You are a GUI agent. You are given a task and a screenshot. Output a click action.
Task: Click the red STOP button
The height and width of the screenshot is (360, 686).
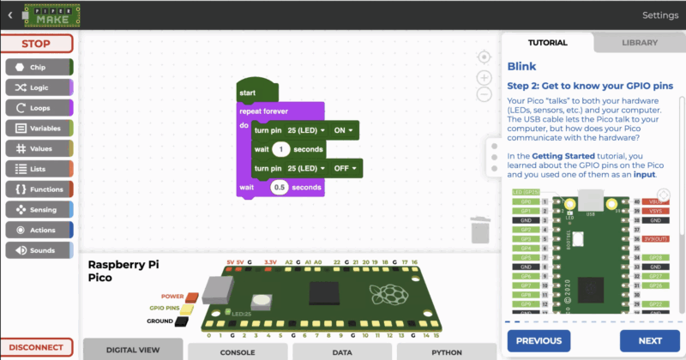point(36,44)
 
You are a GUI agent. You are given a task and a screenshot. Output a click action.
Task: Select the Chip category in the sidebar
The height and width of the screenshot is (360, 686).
point(39,66)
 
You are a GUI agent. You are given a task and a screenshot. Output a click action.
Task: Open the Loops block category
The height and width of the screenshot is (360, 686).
point(39,107)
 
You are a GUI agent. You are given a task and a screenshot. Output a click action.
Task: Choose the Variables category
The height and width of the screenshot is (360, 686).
point(39,128)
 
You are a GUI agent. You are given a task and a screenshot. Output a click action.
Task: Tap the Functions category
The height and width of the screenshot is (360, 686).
point(39,189)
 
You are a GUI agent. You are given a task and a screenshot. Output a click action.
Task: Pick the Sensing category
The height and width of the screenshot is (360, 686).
point(39,209)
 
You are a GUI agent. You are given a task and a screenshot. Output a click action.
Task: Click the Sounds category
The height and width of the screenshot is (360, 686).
point(39,250)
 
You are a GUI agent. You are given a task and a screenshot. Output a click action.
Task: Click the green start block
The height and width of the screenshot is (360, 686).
point(254,92)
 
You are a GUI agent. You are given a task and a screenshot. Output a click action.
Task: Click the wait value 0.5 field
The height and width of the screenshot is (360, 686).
point(279,187)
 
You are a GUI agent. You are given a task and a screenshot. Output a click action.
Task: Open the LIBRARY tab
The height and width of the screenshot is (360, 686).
point(640,42)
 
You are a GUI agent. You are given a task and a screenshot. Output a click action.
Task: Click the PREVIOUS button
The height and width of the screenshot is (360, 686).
point(539,340)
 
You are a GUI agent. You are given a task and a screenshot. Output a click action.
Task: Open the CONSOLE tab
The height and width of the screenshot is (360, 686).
point(238,351)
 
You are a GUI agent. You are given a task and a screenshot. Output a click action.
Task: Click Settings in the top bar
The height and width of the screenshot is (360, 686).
point(659,15)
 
